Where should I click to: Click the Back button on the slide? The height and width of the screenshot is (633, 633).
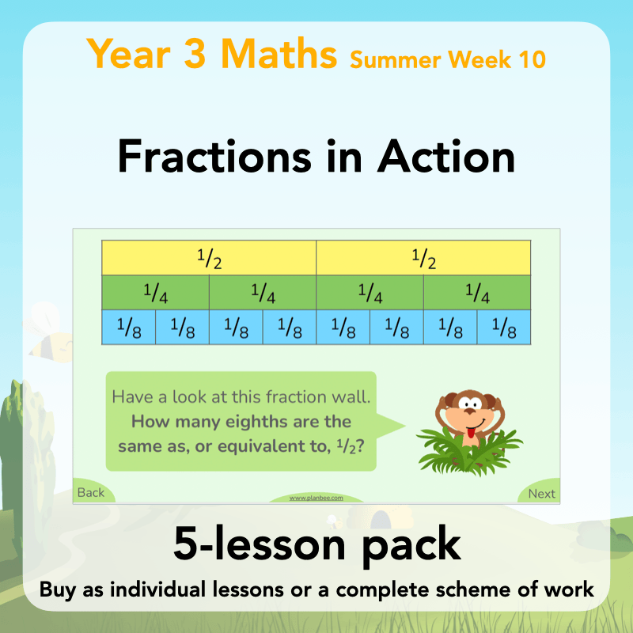click(91, 492)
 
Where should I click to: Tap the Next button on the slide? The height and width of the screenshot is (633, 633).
click(542, 493)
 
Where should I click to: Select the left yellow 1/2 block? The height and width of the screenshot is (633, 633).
click(209, 258)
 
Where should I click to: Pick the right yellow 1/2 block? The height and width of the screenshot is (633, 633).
click(423, 258)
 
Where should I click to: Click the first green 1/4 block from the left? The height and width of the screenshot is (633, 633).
click(156, 294)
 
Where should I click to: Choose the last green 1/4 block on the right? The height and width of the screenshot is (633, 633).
click(477, 294)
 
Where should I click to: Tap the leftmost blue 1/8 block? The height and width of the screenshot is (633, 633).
click(129, 328)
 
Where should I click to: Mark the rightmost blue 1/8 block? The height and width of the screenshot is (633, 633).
click(503, 328)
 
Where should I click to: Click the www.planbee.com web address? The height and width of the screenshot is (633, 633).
click(316, 498)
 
